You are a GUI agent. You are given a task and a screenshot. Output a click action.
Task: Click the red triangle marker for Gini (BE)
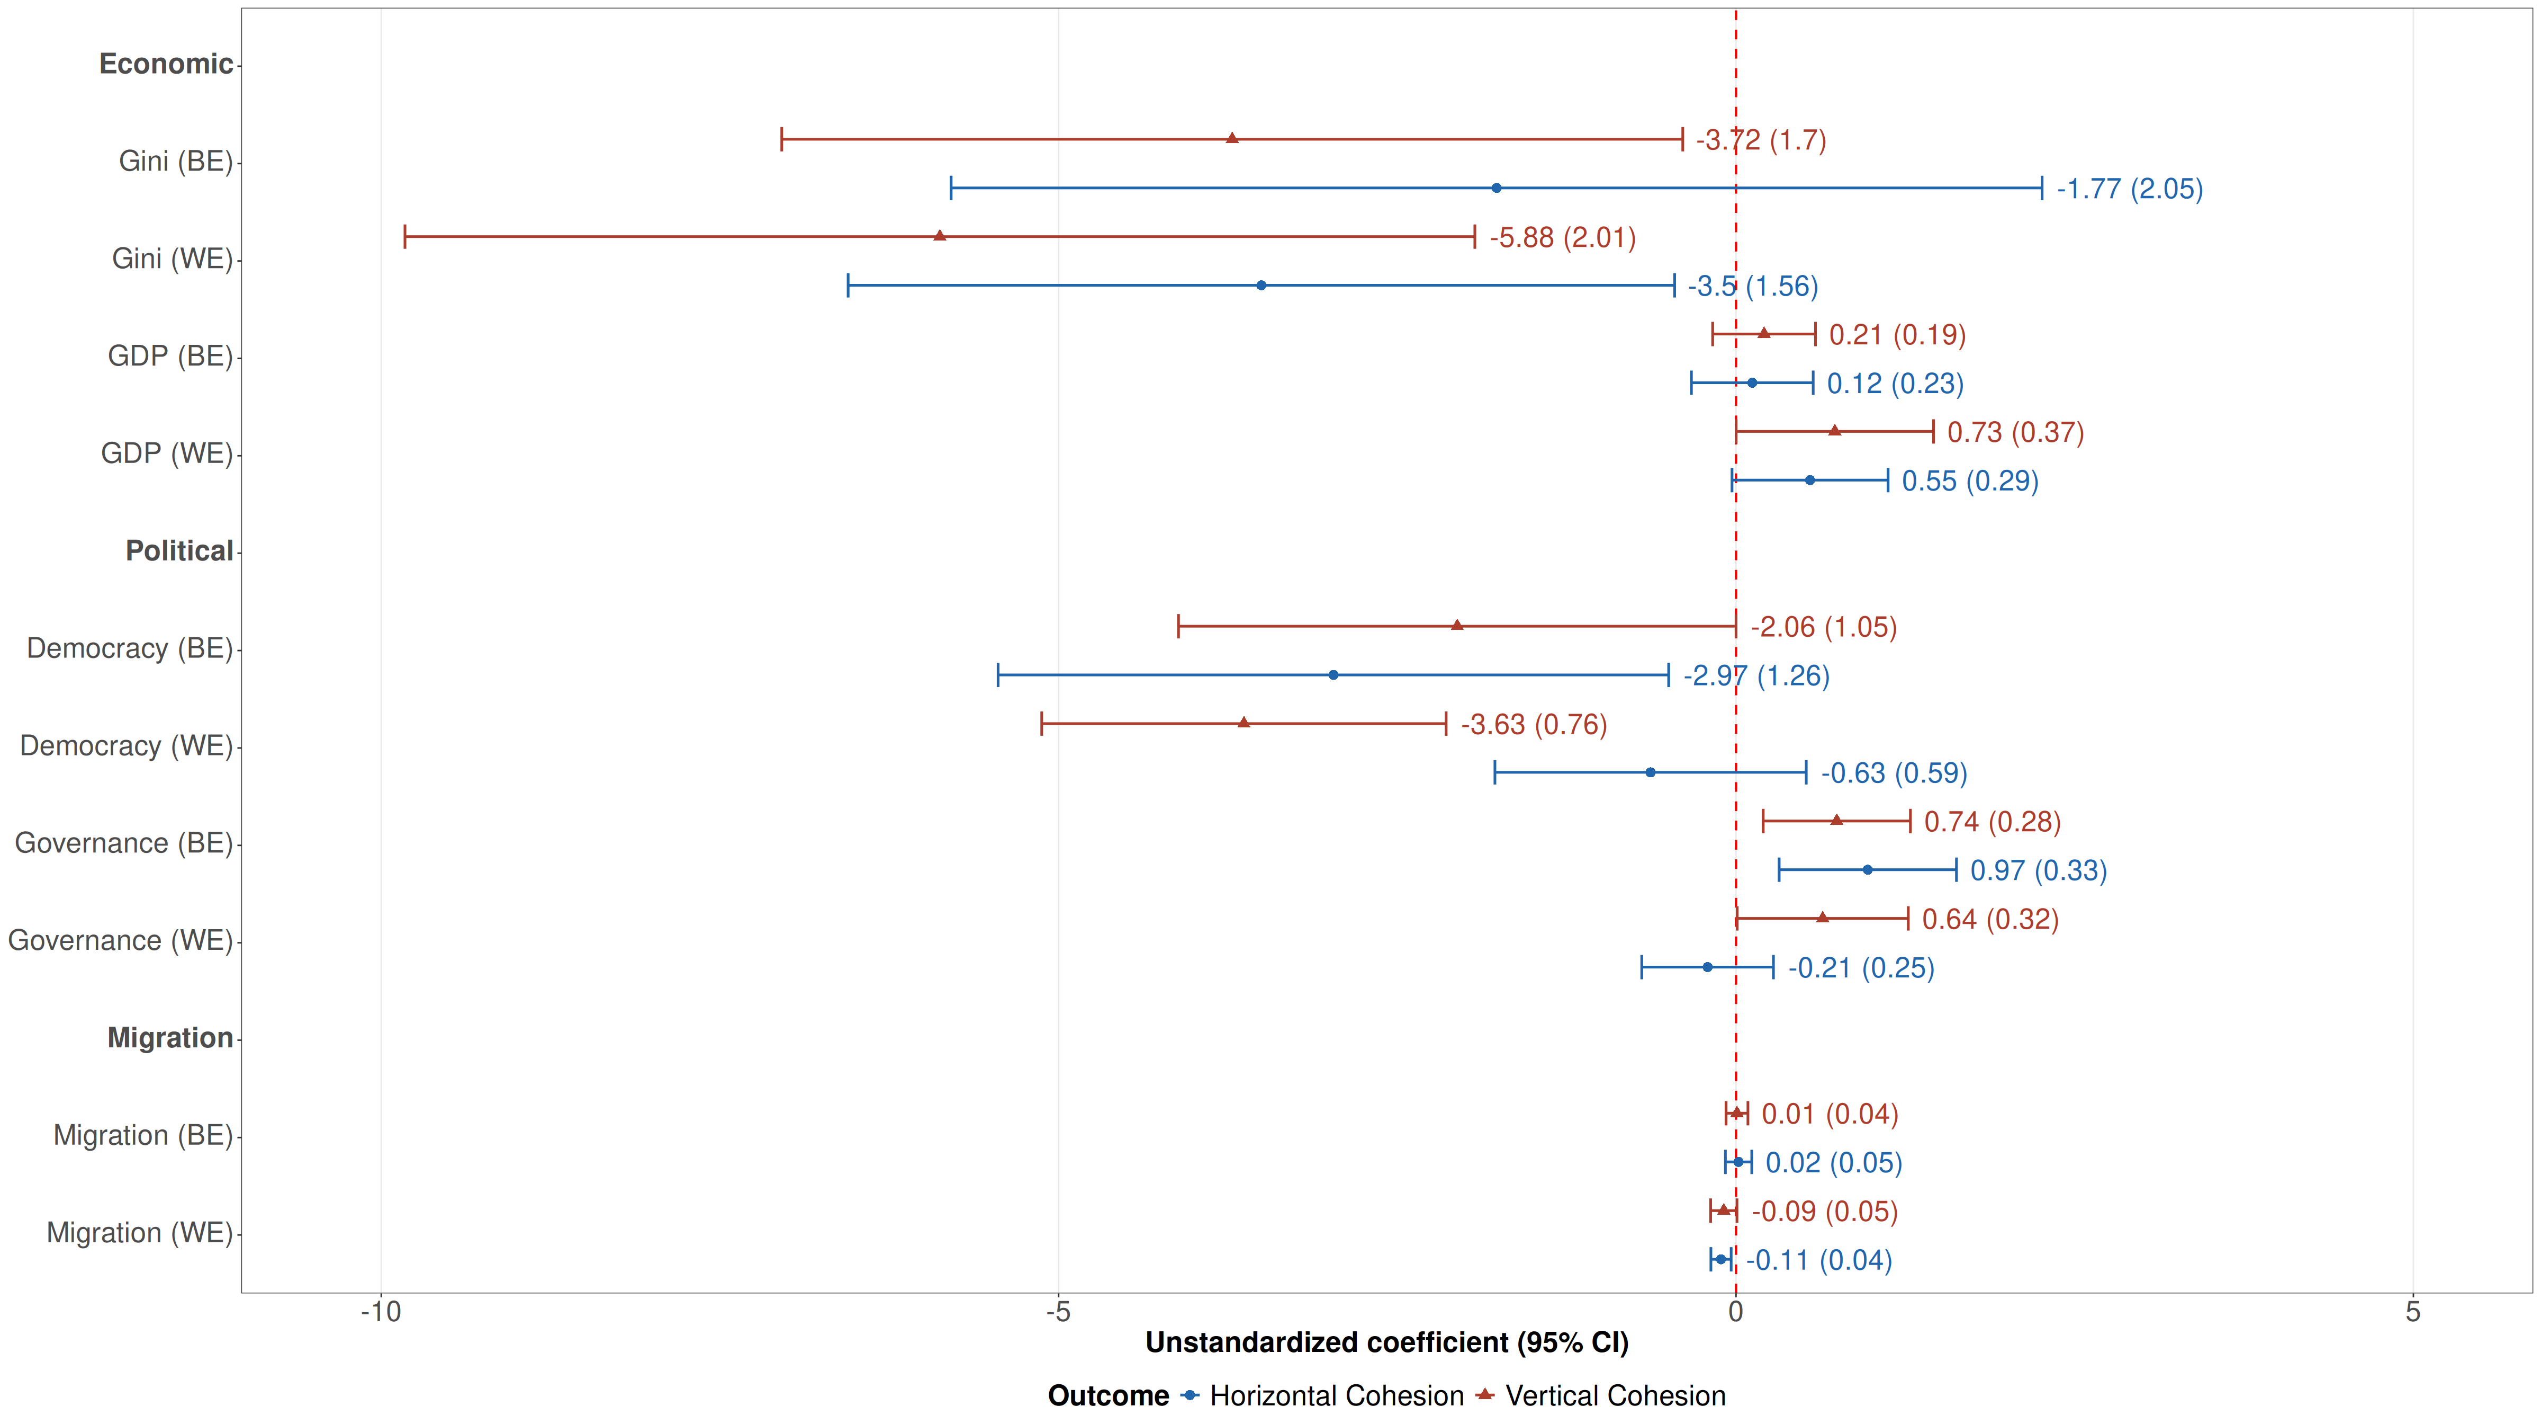pos(1232,138)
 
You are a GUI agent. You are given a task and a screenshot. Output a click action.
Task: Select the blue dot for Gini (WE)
pos(1260,285)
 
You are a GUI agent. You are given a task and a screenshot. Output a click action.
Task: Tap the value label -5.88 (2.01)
pos(1563,238)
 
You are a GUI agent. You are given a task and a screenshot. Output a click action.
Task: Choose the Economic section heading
pos(166,64)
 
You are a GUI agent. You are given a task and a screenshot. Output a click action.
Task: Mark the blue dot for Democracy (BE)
pos(1332,675)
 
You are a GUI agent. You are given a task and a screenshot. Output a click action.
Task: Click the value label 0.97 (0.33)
pos(2038,870)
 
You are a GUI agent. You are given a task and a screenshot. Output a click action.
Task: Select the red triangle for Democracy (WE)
pos(1244,723)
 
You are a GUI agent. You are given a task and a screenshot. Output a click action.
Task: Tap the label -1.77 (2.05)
pos(2130,189)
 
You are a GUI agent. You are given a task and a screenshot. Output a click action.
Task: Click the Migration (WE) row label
pos(139,1233)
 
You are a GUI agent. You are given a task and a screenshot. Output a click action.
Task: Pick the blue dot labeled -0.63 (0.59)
pos(1650,773)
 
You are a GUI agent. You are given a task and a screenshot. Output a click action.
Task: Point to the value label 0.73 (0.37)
pos(2015,432)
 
